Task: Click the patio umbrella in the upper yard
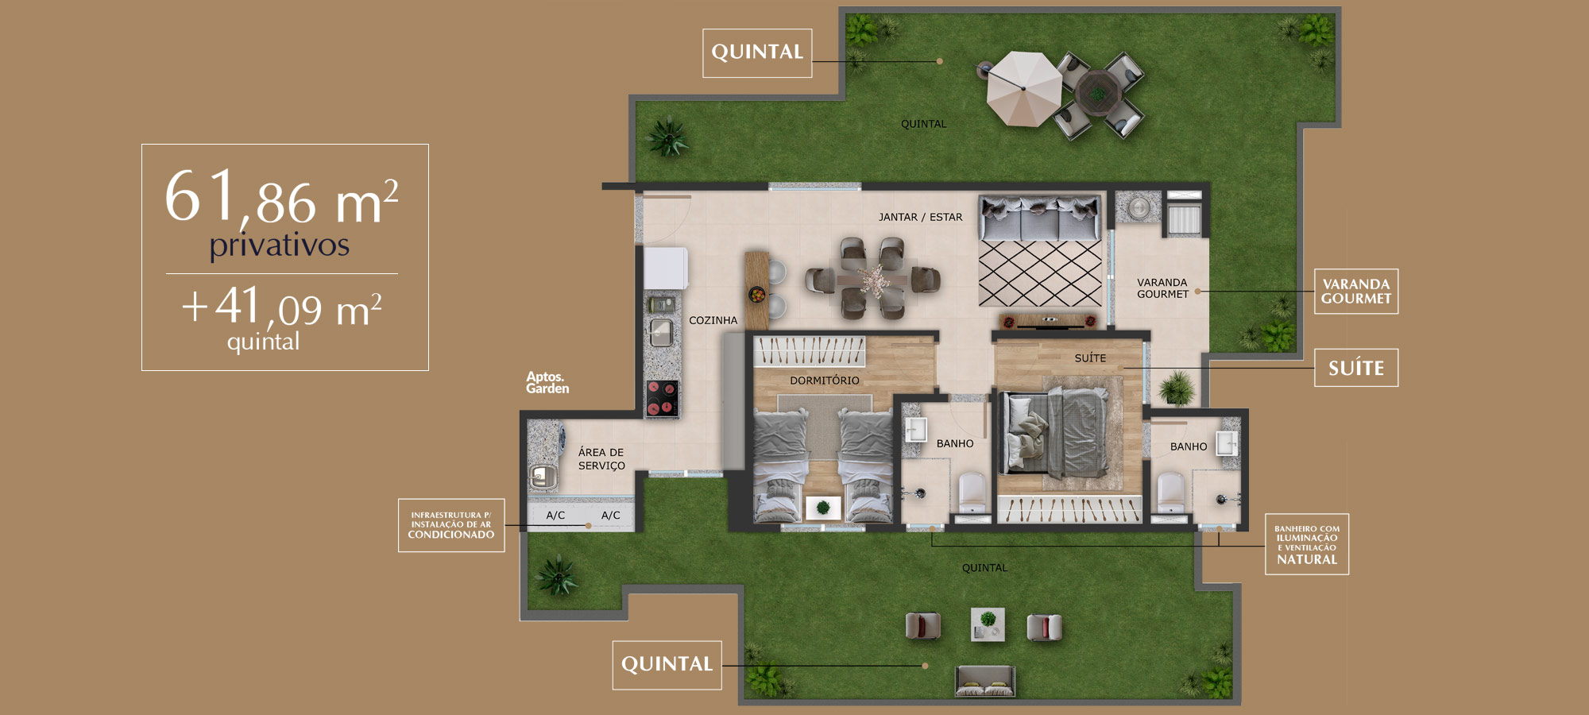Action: (x=1023, y=88)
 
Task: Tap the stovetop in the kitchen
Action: (x=662, y=398)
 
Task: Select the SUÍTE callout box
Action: (x=1356, y=368)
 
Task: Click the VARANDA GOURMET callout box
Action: (x=1356, y=292)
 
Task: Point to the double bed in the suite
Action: (x=1057, y=432)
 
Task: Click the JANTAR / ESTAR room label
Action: (x=920, y=217)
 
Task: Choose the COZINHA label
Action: (x=713, y=320)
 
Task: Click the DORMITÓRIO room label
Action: (x=825, y=381)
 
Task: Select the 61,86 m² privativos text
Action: (x=281, y=212)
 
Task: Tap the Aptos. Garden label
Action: (x=547, y=382)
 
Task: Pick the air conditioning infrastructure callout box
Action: (x=451, y=525)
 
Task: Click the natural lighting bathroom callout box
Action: (x=1307, y=544)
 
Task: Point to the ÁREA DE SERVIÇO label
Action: (x=601, y=459)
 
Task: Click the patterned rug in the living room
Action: (x=1040, y=273)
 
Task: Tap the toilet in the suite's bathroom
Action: (x=1170, y=493)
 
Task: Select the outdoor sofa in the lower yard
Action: (x=985, y=681)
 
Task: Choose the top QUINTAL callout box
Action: (x=757, y=53)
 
